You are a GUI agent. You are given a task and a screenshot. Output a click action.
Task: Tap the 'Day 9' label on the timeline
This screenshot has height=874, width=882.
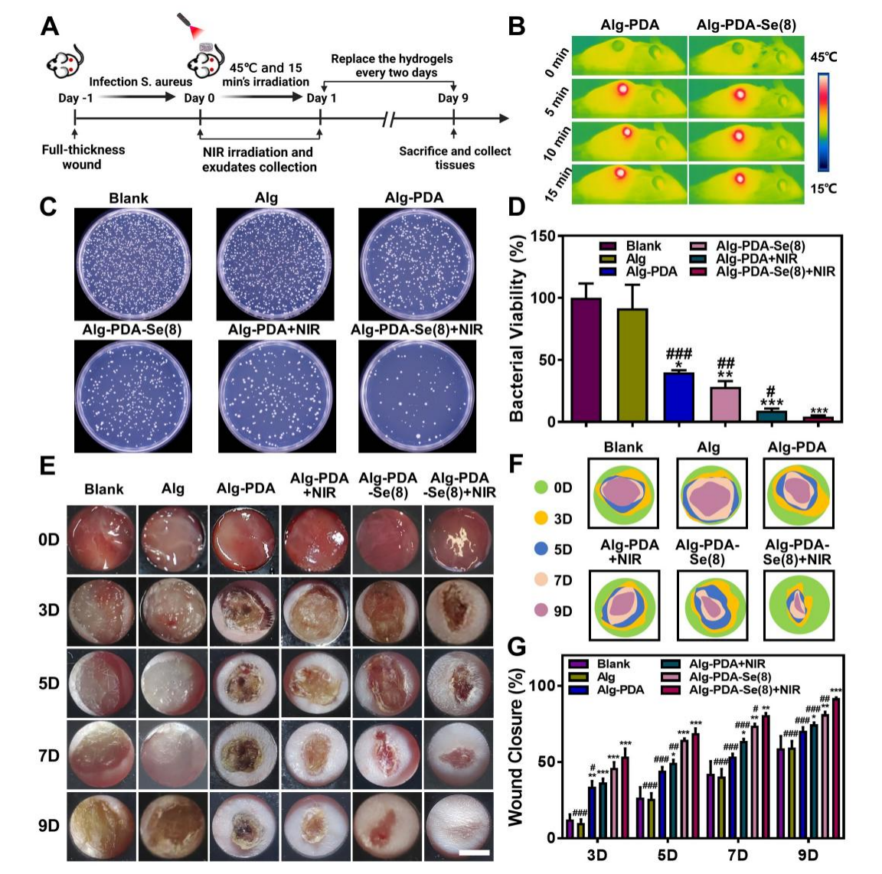click(453, 98)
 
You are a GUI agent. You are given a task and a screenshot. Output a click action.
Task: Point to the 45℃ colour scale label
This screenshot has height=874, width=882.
click(824, 57)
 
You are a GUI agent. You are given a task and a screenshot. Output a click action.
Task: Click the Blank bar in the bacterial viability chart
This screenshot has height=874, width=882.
click(586, 360)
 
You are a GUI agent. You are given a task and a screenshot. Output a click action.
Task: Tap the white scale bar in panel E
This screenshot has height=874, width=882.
click(474, 851)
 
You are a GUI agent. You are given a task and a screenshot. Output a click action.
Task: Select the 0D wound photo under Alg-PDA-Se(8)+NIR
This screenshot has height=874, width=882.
click(460, 539)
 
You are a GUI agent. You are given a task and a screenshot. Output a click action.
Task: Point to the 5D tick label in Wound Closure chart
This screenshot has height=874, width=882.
click(667, 855)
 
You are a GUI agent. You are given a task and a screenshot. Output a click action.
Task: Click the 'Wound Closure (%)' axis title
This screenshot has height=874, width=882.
click(518, 747)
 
